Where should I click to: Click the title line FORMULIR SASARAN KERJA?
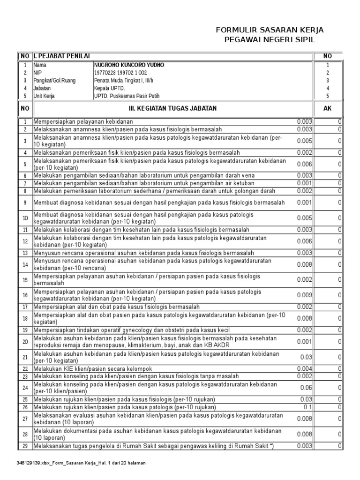270,30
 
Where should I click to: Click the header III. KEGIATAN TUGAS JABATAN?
173,108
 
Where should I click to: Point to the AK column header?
328,108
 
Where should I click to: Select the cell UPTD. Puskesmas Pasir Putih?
127,96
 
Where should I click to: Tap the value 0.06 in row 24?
306,388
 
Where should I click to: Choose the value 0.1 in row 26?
308,407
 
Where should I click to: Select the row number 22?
25,369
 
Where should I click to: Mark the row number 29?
25,445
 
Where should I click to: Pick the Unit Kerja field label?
45,96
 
